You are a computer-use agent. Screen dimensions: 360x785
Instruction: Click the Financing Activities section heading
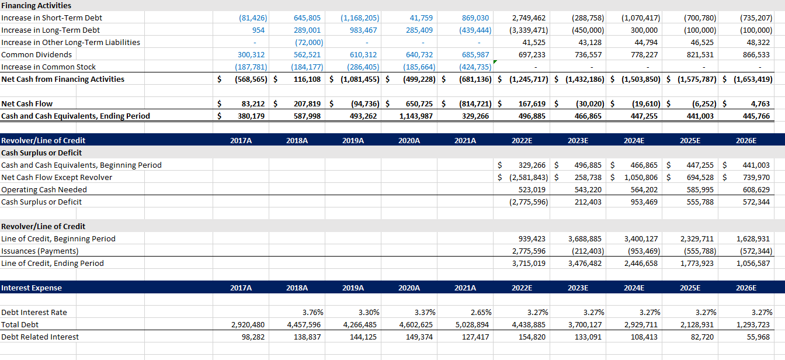[x=36, y=5]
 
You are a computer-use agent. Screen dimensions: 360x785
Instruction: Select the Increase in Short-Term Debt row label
[x=51, y=18]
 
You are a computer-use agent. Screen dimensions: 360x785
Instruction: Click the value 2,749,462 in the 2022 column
[x=529, y=18]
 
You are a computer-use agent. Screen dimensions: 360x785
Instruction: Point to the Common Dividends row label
[x=37, y=54]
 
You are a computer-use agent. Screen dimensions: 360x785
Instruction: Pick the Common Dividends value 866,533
[x=756, y=54]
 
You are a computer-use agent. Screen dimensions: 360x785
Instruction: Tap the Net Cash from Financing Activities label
[x=62, y=79]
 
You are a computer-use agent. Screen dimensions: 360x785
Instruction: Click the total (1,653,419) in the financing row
[x=753, y=79]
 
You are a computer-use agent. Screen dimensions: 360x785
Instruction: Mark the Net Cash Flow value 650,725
[x=419, y=103]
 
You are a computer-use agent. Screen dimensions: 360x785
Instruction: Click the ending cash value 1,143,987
[x=416, y=116]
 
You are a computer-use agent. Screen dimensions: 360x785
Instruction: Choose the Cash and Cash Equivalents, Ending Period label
[x=75, y=116]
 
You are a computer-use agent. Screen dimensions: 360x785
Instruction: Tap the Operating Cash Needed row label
[x=44, y=189]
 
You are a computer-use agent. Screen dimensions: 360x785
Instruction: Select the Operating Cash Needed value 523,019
[x=532, y=189]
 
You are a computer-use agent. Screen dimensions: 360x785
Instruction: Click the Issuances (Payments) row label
[x=40, y=251]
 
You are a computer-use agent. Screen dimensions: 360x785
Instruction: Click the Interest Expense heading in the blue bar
[x=32, y=288]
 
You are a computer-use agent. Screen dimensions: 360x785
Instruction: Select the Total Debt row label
[x=20, y=324]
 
